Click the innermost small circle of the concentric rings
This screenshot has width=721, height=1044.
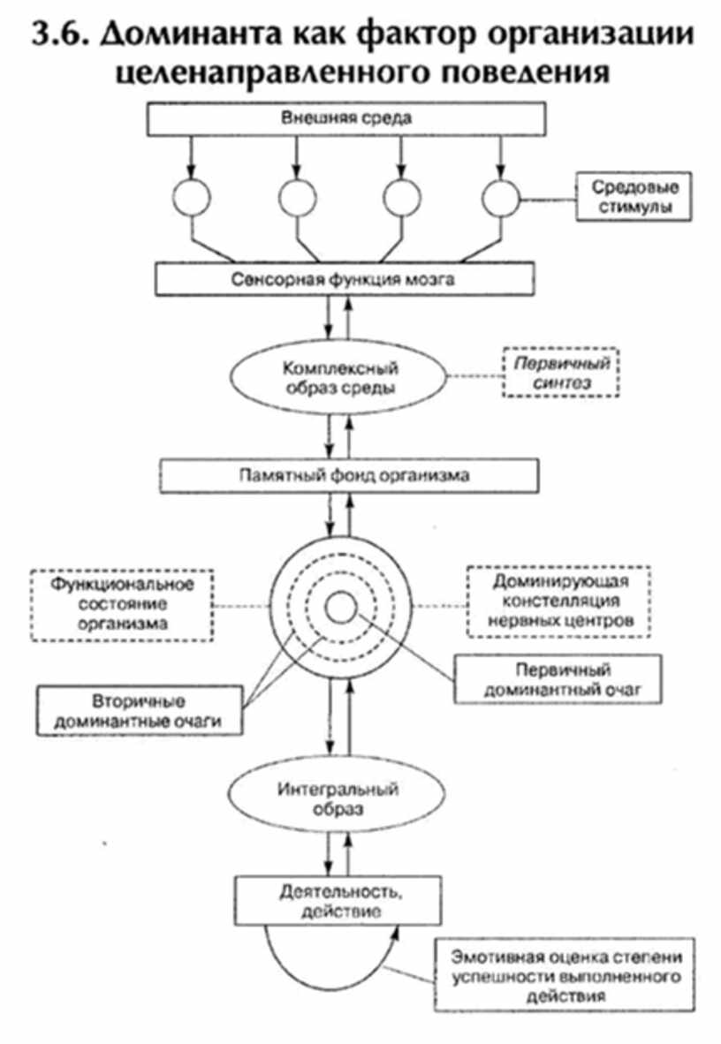(x=340, y=607)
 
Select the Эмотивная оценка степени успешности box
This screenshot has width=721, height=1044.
(x=573, y=975)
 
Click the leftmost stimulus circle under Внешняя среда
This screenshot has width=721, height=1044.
(x=188, y=198)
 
